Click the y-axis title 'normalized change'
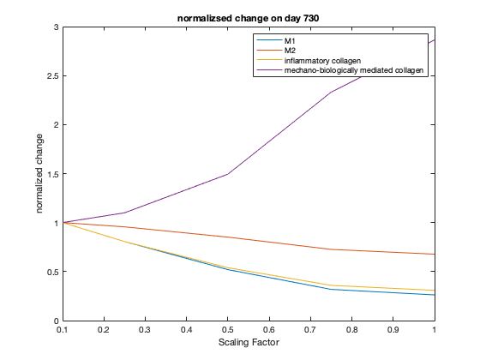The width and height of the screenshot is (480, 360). coord(40,174)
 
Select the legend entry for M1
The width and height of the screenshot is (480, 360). coord(291,41)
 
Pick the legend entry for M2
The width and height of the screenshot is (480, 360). coord(291,51)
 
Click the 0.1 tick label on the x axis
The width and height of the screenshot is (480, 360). coord(63,330)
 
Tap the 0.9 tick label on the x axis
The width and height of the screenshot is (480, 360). coord(393,330)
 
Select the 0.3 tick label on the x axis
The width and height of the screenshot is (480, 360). coord(145,330)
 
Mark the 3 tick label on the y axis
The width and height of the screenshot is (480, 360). coord(55,27)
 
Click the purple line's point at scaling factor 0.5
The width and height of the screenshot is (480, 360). coord(228,174)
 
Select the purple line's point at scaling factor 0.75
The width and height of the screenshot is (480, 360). coord(331,93)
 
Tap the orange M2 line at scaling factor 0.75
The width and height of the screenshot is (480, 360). coord(331,249)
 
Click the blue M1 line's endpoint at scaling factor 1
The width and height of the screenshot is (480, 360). coord(434,295)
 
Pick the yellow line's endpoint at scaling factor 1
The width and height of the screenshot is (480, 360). coord(434,291)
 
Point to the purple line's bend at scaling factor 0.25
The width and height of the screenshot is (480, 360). coord(124,213)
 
